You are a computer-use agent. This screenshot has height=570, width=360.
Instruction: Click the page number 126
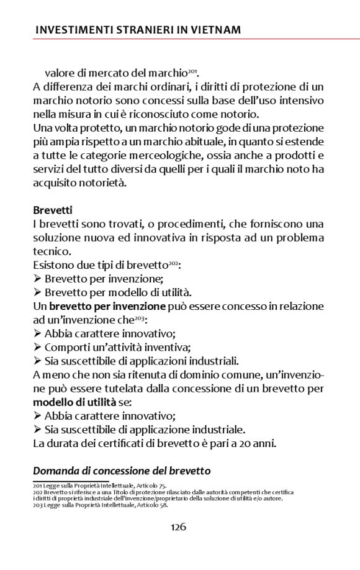click(179, 527)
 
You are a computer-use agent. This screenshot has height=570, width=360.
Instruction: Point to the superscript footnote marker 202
click(173, 263)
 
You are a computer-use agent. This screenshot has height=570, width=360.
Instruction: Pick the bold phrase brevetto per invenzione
click(107, 306)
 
